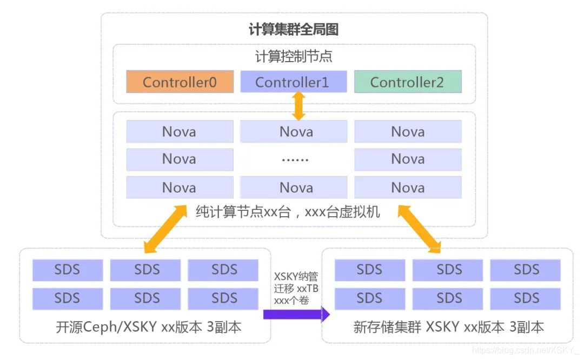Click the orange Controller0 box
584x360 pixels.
(180, 82)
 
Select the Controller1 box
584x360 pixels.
(293, 82)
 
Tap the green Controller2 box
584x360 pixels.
(407, 82)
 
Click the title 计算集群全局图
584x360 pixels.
(294, 30)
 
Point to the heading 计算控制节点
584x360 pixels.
(294, 56)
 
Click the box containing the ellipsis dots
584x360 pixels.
(294, 159)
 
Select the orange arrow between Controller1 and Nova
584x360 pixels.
(298, 106)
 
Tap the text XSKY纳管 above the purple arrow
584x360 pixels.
(296, 276)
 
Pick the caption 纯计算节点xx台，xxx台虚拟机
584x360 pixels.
(287, 211)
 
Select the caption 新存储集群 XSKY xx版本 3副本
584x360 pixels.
(448, 327)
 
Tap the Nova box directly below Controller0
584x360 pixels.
(180, 131)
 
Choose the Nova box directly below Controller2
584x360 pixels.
(407, 131)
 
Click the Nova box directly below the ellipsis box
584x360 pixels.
(294, 188)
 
